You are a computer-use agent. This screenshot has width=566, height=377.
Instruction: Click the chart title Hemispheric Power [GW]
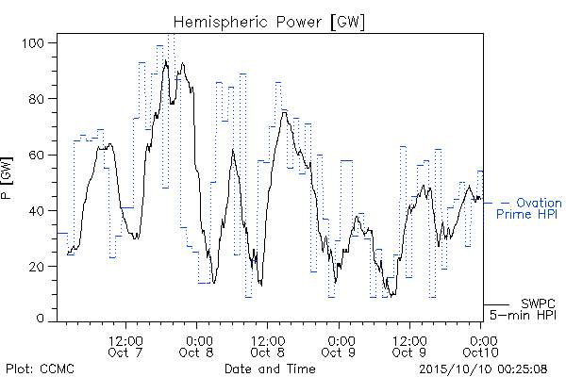click(269, 23)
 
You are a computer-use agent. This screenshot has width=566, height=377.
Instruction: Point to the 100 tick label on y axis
click(33, 43)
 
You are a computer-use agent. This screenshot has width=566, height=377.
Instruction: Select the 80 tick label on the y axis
click(36, 99)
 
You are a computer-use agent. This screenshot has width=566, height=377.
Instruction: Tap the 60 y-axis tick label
click(36, 156)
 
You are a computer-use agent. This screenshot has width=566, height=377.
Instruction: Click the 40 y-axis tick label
click(36, 211)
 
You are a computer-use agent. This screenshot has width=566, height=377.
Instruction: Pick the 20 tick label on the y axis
click(36, 267)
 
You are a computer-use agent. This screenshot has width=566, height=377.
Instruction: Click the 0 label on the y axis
click(40, 319)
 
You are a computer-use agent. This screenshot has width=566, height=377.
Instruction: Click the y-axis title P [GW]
click(7, 178)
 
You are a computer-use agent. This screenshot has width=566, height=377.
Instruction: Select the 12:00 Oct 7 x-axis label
click(125, 346)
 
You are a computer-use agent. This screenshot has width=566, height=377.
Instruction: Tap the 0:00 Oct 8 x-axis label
click(197, 346)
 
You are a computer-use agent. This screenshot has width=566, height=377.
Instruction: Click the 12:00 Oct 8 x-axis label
click(268, 346)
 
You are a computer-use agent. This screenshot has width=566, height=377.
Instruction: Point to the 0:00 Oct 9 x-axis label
click(339, 346)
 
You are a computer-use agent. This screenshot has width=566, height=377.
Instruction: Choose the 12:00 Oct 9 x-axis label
click(409, 346)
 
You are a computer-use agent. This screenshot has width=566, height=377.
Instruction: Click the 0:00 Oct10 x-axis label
click(481, 346)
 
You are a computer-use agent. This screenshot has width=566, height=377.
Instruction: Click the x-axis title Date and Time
click(270, 369)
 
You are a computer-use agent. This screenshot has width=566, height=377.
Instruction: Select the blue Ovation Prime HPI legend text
click(529, 208)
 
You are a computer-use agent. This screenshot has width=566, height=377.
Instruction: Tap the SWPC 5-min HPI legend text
click(523, 309)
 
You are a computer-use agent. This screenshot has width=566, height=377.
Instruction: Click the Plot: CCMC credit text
click(40, 369)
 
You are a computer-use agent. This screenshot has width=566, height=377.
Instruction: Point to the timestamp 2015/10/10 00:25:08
click(483, 369)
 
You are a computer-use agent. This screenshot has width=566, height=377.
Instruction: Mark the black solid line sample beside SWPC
click(496, 304)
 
